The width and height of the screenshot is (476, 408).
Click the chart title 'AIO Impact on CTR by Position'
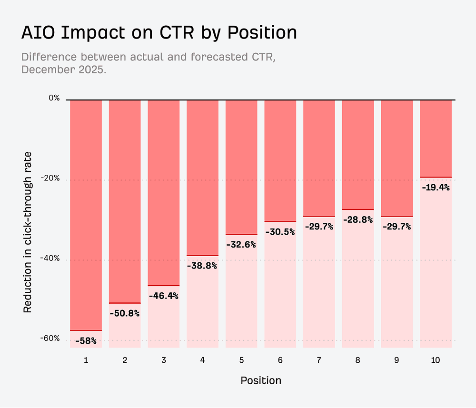(159, 33)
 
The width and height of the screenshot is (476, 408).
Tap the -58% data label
(86, 341)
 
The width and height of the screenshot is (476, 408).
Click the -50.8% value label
(125, 314)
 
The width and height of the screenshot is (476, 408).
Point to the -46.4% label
(163, 296)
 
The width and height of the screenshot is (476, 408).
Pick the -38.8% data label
(202, 266)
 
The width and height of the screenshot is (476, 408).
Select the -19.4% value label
(436, 188)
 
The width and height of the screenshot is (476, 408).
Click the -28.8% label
(358, 220)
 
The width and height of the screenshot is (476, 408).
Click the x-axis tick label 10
(436, 360)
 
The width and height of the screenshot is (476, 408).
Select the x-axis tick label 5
(241, 360)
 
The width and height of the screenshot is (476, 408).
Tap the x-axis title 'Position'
(260, 380)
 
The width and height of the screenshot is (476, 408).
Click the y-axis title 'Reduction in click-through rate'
(28, 232)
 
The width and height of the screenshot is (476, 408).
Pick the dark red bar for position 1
(86, 214)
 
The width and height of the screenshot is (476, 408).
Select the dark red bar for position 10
(436, 138)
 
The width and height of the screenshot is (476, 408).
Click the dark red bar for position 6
(280, 160)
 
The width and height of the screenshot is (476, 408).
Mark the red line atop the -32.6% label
(241, 234)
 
